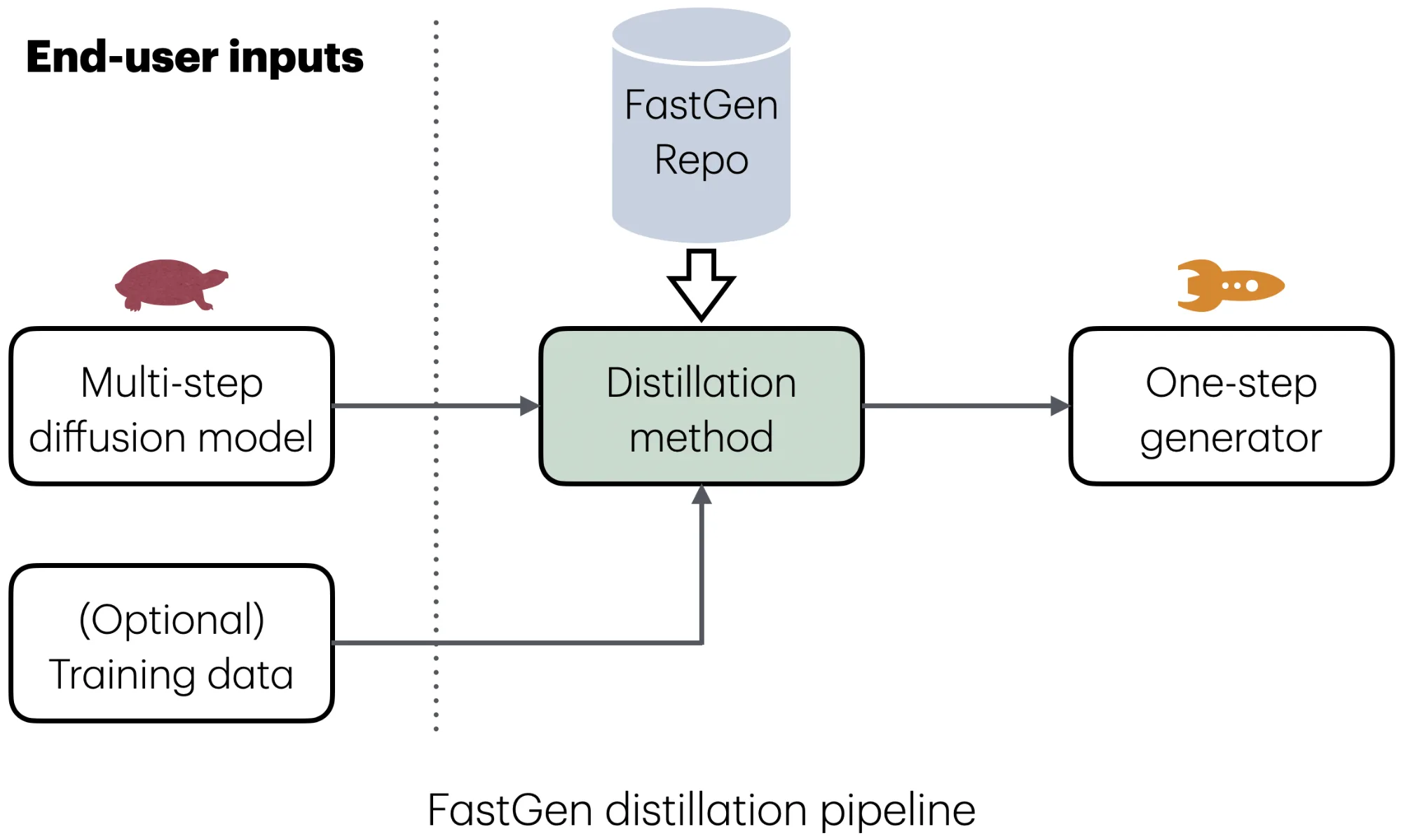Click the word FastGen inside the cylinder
pyautogui.click(x=701, y=105)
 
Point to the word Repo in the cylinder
pyautogui.click(x=701, y=160)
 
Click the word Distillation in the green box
pyautogui.click(x=701, y=383)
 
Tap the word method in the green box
pyautogui.click(x=701, y=438)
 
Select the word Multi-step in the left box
pyautogui.click(x=172, y=383)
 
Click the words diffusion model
pyautogui.click(x=172, y=438)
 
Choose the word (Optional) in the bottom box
pyautogui.click(x=172, y=620)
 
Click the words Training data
pyautogui.click(x=172, y=675)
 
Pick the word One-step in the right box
pyautogui.click(x=1231, y=383)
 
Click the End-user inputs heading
pyautogui.click(x=195, y=57)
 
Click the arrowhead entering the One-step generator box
pyautogui.click(x=1060, y=405)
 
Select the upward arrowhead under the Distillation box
pyautogui.click(x=702, y=495)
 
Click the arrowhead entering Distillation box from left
pyautogui.click(x=530, y=405)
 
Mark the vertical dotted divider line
pyautogui.click(x=436, y=210)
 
